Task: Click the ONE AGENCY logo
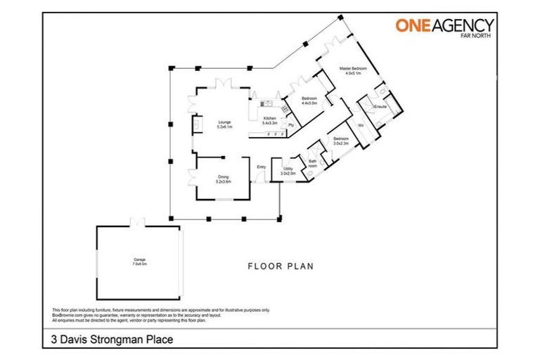click(444, 26)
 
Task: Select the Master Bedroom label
click(350, 68)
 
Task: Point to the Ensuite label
click(380, 106)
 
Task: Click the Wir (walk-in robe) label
click(360, 125)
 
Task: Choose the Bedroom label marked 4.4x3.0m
click(309, 98)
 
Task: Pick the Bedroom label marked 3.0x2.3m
click(340, 139)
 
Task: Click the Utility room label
click(288, 169)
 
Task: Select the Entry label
click(261, 167)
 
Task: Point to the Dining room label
click(223, 177)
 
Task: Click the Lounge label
click(224, 122)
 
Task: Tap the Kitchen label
click(270, 118)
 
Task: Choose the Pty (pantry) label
click(290, 125)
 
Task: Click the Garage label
click(139, 259)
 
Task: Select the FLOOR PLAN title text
click(280, 266)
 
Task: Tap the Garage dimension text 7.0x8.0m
click(139, 264)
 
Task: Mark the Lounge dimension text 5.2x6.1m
click(224, 127)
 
